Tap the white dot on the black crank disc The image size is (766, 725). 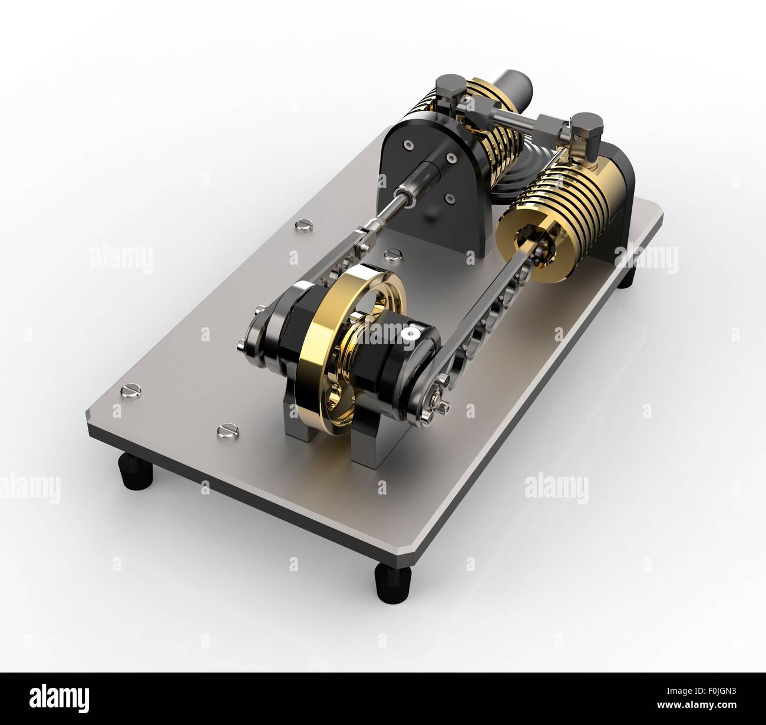(407, 334)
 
